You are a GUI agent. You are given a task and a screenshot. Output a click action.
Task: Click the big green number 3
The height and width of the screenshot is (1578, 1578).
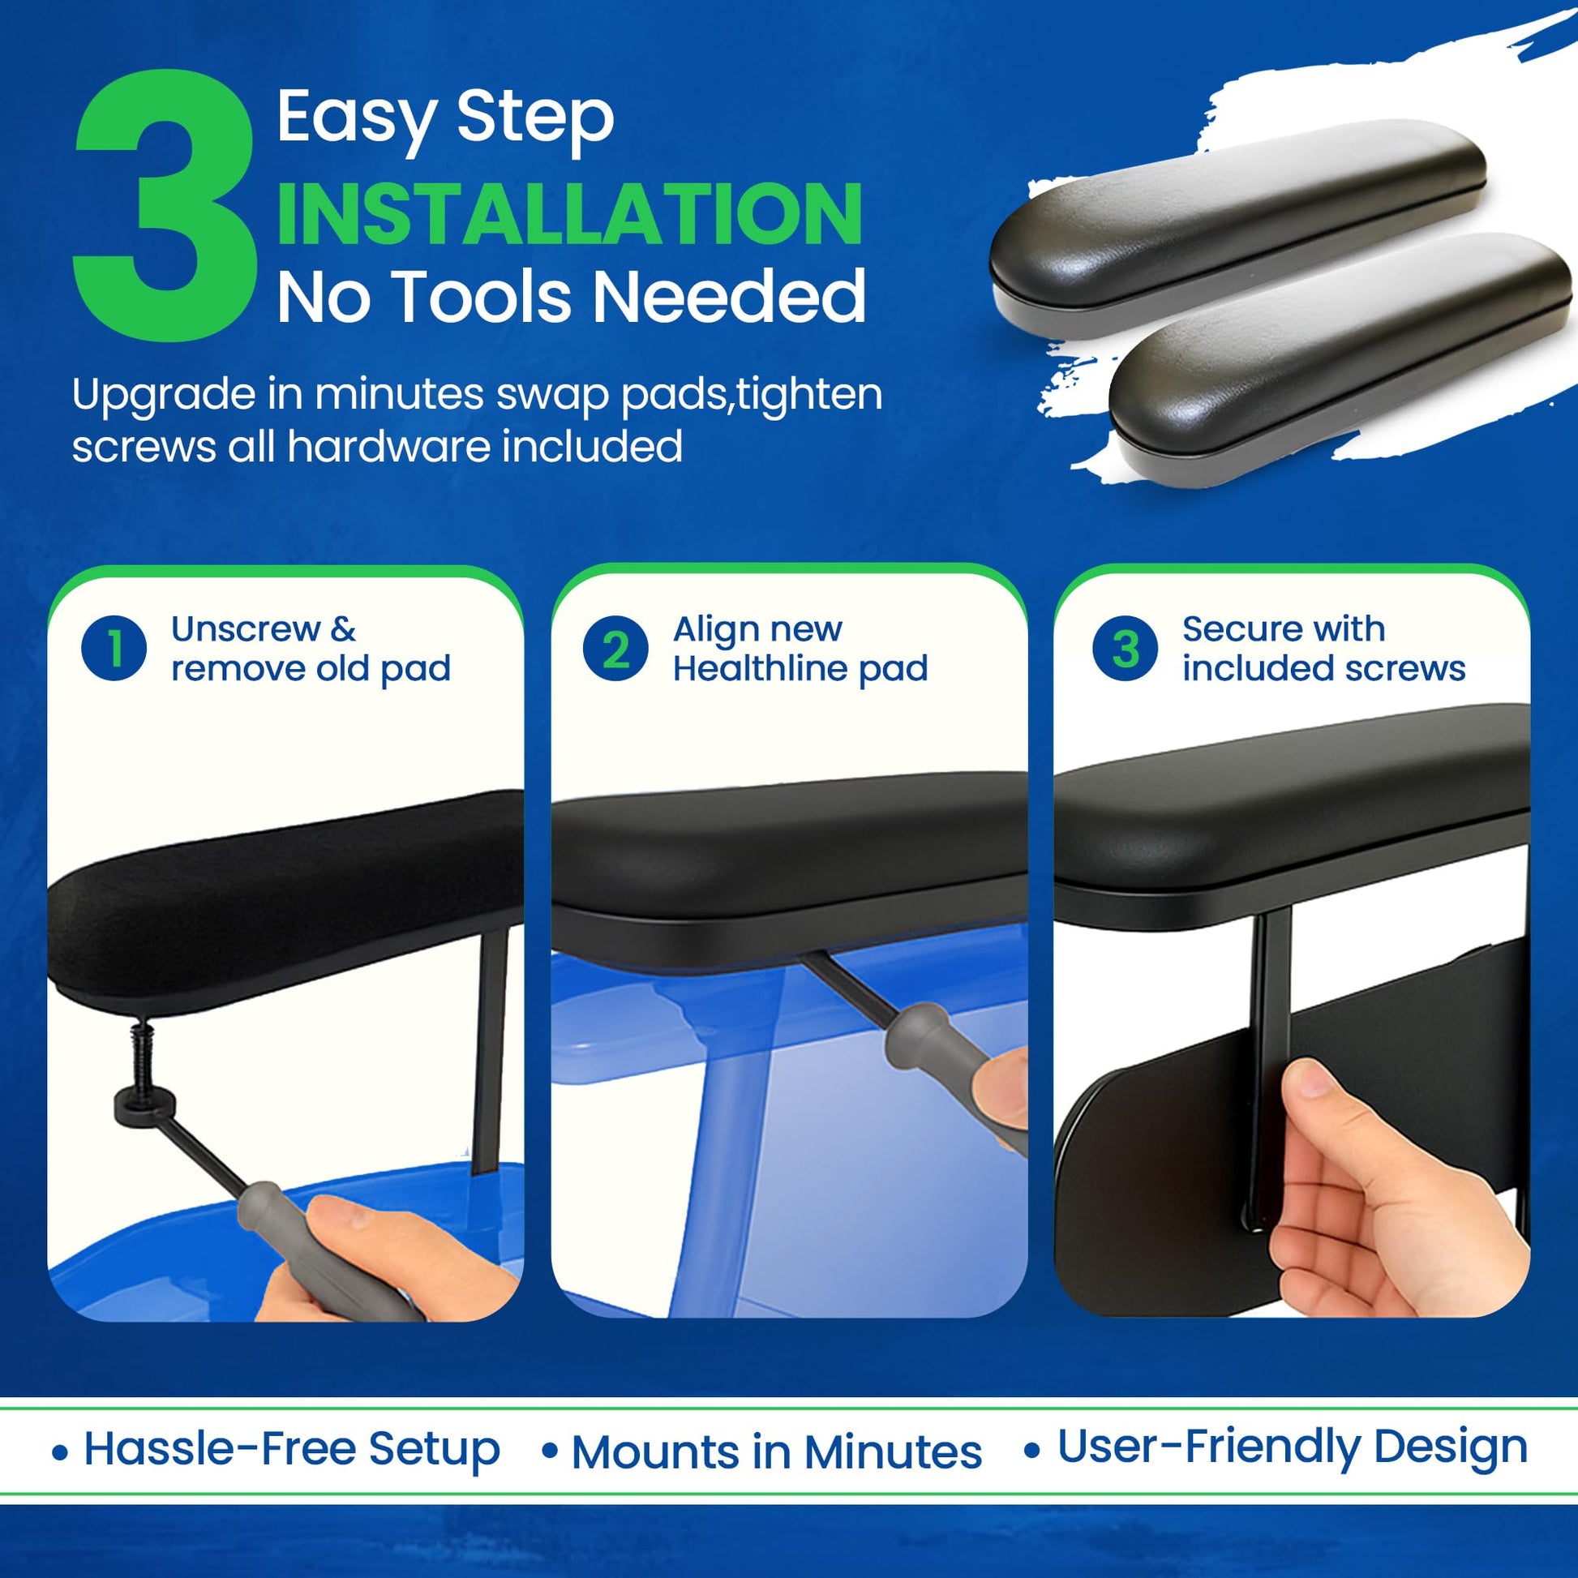tap(163, 206)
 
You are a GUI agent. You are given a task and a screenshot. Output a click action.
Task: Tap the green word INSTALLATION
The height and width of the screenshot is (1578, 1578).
tap(569, 214)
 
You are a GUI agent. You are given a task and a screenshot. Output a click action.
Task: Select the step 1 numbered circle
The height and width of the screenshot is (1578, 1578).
tap(114, 648)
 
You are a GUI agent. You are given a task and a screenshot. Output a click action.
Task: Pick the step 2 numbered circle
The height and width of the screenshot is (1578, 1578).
tap(615, 649)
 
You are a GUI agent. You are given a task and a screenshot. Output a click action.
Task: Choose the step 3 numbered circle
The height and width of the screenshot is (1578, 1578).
tap(1125, 649)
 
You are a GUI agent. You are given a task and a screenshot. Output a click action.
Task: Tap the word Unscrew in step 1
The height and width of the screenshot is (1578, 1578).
tap(246, 629)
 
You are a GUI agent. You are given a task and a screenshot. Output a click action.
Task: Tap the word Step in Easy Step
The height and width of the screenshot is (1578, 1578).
tap(535, 119)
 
